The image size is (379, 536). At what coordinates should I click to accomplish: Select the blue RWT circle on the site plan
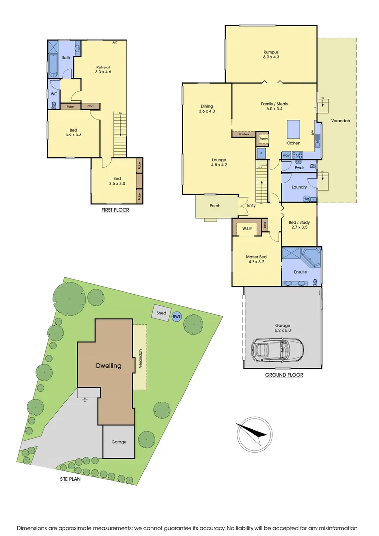[x=176, y=316]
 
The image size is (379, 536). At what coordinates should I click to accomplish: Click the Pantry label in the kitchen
[x=263, y=138]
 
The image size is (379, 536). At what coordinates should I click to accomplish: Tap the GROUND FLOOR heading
[x=284, y=375]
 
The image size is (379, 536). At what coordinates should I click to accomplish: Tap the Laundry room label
[x=299, y=187]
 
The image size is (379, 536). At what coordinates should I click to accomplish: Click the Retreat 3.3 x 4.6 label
[x=103, y=69]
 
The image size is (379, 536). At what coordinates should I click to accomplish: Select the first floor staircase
[x=120, y=134]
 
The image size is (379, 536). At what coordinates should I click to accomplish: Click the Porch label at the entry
[x=215, y=206]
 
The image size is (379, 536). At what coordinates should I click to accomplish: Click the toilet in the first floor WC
[x=54, y=105]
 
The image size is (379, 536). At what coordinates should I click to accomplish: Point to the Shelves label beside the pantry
[x=243, y=134]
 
